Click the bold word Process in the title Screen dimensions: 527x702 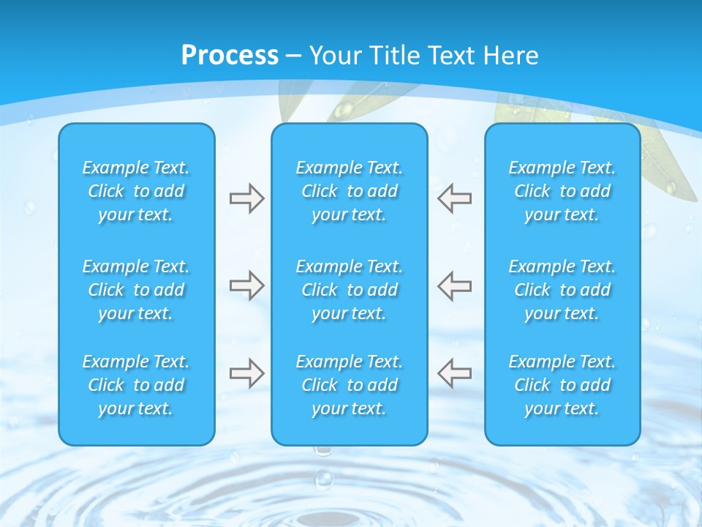pos(230,56)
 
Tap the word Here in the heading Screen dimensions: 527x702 pos(510,56)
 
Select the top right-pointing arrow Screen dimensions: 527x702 pos(246,198)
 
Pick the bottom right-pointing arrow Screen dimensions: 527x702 pos(246,373)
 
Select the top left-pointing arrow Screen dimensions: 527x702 pos(455,198)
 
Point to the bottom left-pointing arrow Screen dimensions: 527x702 pos(455,373)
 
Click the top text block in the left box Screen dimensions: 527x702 pos(136,191)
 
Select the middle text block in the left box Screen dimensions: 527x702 pos(136,290)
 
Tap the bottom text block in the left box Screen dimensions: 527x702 pos(136,385)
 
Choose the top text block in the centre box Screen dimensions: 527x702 pos(350,191)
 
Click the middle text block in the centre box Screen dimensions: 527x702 pos(350,290)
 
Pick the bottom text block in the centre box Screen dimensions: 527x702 pos(350,385)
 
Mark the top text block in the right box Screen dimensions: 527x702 pos(562,191)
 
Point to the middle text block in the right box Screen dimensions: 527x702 pos(562,290)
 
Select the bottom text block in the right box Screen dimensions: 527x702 pos(562,385)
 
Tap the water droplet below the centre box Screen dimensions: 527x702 pos(322,480)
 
